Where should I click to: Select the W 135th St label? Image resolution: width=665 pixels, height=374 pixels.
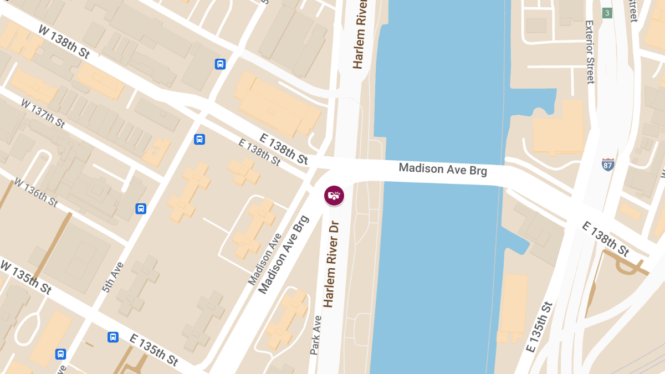[x=26, y=277]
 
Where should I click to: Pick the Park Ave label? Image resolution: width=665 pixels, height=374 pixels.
[x=315, y=335]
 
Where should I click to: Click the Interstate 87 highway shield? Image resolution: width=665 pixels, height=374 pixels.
[x=608, y=164]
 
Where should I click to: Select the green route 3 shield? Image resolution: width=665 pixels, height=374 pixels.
[x=607, y=13]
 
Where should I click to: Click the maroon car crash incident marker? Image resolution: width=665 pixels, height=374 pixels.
[x=334, y=195]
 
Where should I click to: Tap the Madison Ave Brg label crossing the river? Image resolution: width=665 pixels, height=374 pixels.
[x=443, y=169]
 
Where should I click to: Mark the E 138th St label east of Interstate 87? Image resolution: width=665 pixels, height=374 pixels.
[x=606, y=239]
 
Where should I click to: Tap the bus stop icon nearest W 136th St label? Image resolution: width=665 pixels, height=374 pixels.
[x=141, y=208]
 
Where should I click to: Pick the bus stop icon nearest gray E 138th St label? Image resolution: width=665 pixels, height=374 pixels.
[x=199, y=139]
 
